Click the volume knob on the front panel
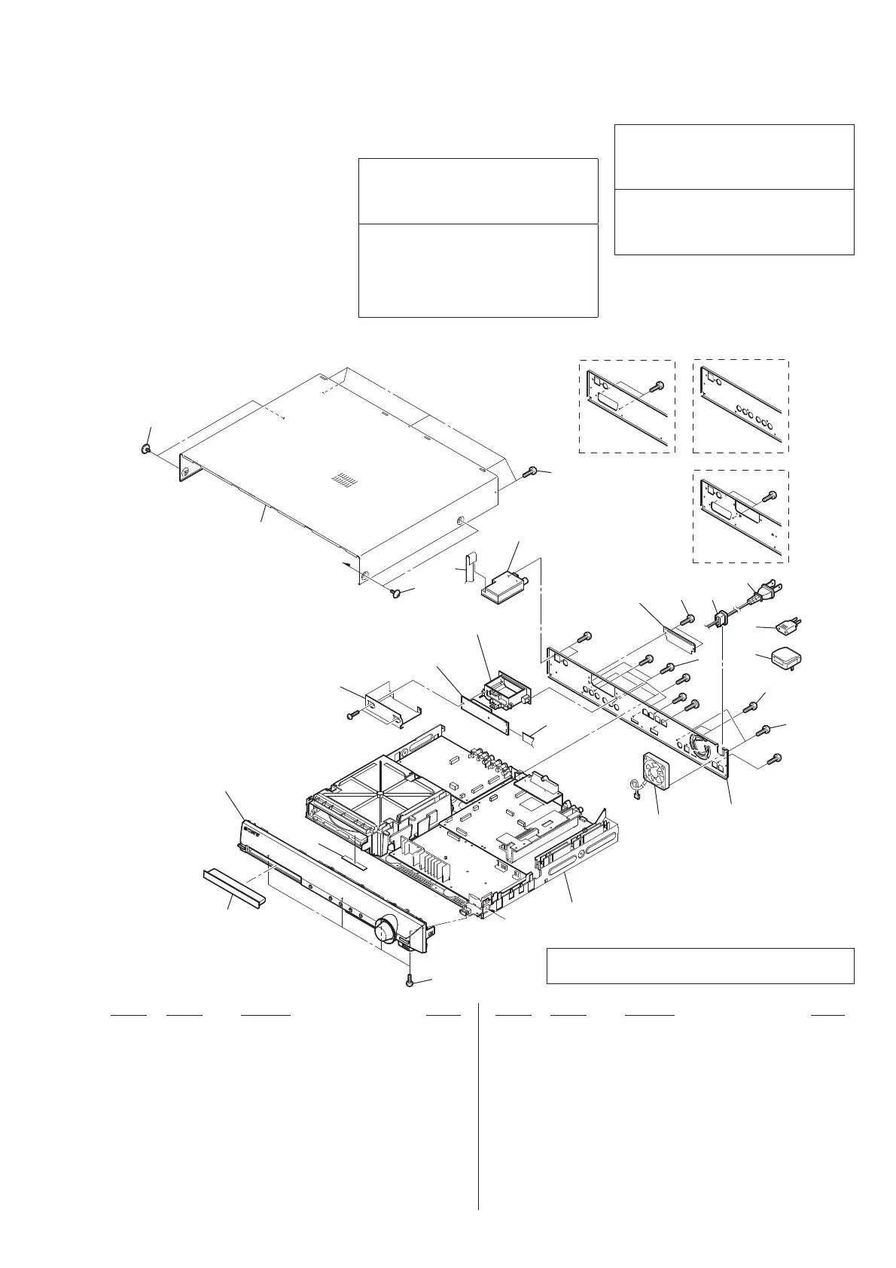click(386, 931)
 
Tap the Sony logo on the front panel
click(251, 833)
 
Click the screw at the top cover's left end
click(145, 450)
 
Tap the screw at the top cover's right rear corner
click(531, 471)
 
